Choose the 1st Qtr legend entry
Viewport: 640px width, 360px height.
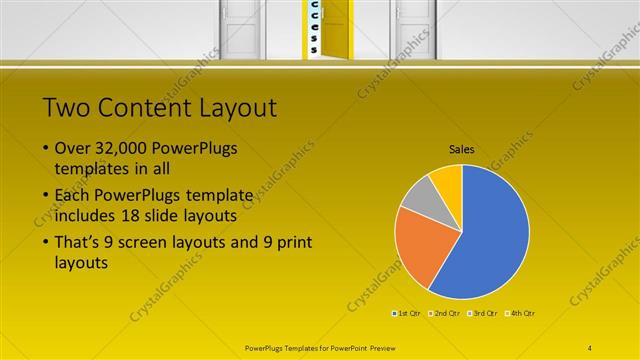pos(407,314)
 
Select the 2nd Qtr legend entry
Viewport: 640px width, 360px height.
pos(445,314)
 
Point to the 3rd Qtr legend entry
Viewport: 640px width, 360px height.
pos(484,314)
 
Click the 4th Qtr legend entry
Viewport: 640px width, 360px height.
pos(522,314)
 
